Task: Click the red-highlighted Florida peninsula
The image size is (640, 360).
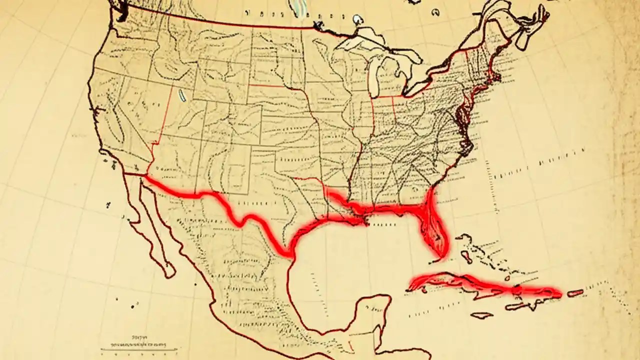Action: point(434,227)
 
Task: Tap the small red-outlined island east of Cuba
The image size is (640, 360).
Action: point(575,293)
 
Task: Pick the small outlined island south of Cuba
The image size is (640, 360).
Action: point(482,315)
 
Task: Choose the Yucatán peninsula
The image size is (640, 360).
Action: point(372,312)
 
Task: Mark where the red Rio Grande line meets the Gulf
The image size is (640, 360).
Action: point(291,255)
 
